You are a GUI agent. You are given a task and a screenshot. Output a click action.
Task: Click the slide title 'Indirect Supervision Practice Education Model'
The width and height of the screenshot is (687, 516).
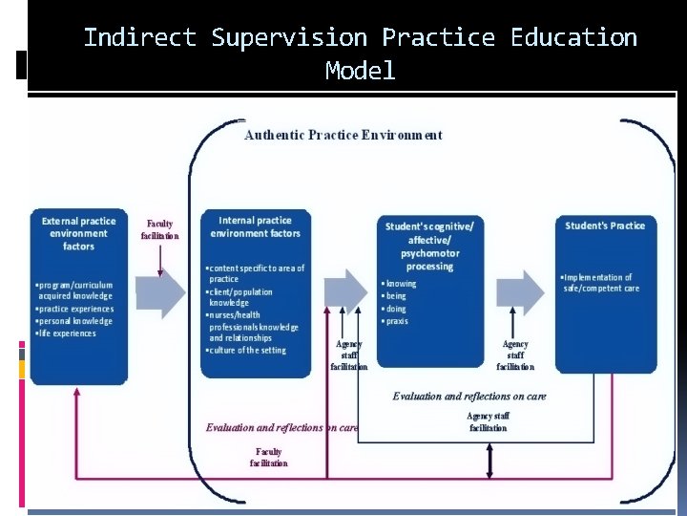tap(360, 53)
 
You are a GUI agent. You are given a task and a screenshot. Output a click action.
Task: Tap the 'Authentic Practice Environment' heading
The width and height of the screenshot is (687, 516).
tap(343, 135)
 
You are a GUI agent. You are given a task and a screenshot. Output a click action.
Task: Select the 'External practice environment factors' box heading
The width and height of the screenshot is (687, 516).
tap(78, 233)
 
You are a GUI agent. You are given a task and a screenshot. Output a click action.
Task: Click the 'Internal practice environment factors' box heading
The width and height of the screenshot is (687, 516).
tap(255, 227)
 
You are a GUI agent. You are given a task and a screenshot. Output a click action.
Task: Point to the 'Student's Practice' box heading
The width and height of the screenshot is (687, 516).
tap(605, 226)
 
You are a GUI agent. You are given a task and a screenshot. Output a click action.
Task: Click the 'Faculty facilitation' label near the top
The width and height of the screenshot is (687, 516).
tap(159, 229)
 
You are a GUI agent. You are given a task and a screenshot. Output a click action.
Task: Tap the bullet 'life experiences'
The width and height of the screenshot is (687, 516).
tap(67, 333)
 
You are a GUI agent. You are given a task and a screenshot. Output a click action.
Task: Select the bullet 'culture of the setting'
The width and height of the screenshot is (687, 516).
tap(247, 350)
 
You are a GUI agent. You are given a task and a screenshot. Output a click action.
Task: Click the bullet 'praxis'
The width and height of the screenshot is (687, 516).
tap(398, 321)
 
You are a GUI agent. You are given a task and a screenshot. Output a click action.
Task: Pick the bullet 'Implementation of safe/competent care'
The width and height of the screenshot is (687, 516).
tap(599, 283)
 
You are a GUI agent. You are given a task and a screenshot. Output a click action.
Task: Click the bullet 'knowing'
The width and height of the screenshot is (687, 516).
tap(402, 284)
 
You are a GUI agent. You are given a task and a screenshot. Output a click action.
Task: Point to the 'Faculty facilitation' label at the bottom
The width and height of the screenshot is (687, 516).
tap(268, 457)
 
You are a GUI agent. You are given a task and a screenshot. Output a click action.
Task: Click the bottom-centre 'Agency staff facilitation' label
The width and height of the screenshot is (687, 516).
tap(488, 421)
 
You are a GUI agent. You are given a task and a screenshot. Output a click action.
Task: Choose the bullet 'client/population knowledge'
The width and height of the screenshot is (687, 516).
tap(241, 298)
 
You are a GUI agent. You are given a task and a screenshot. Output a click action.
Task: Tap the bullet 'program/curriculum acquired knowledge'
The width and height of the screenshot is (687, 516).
tap(75, 290)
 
